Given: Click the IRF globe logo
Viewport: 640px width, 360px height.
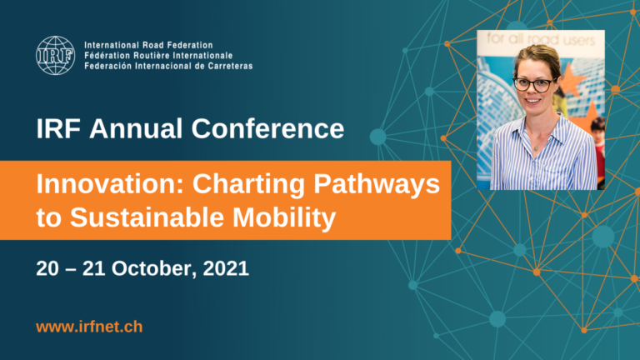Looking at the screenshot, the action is coord(55,56).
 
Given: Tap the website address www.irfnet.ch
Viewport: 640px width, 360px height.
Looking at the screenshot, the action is coord(89,327).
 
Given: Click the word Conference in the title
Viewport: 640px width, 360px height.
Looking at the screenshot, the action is coord(267,128).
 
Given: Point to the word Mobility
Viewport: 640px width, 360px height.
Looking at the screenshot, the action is coord(284,217).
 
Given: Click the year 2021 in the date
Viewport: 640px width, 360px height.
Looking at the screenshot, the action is coord(226,268).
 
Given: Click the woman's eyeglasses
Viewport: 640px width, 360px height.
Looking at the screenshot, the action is coord(535,84).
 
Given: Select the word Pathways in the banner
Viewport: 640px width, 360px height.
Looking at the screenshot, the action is coord(377,184).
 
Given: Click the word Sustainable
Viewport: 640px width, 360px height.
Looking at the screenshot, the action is coord(147,217).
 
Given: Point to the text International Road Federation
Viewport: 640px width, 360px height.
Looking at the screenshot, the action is coord(148,45).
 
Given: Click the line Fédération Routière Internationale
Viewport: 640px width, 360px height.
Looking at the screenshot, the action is coord(158,56).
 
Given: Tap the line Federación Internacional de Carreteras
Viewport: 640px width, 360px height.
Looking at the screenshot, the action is coord(168,66).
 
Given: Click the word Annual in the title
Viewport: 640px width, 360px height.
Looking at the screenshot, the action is coord(136,128).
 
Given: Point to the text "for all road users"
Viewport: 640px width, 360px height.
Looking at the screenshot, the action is coord(541,40).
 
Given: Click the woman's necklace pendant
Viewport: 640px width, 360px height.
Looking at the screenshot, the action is coord(537,148).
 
